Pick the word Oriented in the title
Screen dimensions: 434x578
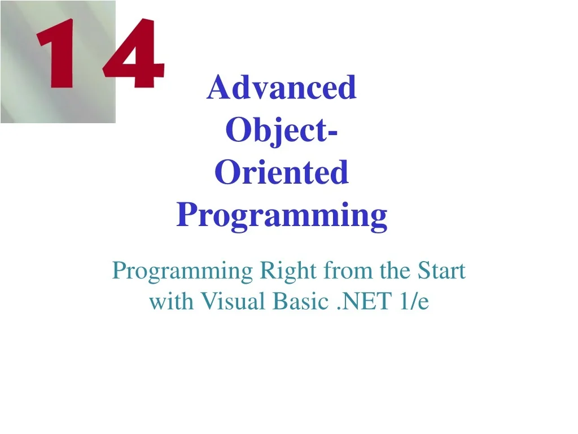click(x=282, y=173)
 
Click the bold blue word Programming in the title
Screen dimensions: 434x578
click(x=282, y=215)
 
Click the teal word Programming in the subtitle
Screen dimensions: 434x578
click(x=182, y=272)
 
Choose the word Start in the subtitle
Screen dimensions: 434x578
click(x=441, y=271)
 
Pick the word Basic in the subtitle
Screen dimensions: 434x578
click(x=299, y=302)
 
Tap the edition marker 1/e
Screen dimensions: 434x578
click(x=413, y=302)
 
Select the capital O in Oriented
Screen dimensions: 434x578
click(x=226, y=173)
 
